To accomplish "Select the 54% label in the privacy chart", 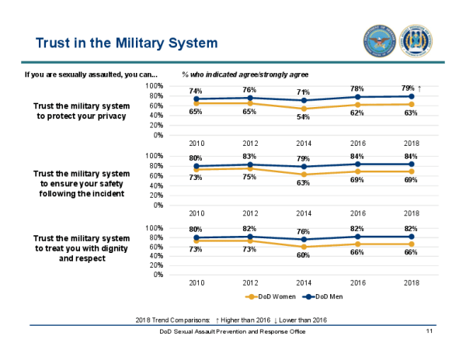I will pyautogui.click(x=304, y=116).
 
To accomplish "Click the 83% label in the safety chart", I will pyautogui.click(x=250, y=158).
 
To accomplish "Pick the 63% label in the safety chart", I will pyautogui.click(x=304, y=183).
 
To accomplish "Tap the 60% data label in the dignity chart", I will pyautogui.click(x=304, y=255).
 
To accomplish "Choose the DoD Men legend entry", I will pyautogui.click(x=324, y=296).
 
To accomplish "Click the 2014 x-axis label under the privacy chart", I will pyautogui.click(x=304, y=143).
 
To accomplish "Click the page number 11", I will pyautogui.click(x=429, y=331).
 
